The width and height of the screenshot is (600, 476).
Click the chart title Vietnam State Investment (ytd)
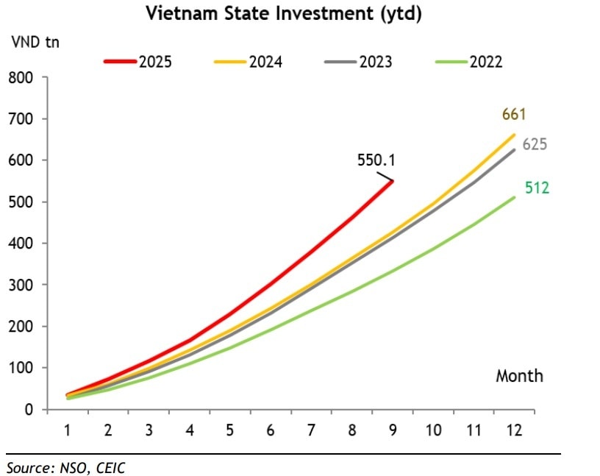coord(283,14)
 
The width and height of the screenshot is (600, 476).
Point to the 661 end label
coord(514,114)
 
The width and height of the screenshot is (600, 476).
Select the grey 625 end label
coord(535,144)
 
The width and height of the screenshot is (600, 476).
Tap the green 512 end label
coord(537,188)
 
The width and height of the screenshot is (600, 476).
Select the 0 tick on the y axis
coord(29,410)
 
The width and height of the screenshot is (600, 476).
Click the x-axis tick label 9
coord(393,430)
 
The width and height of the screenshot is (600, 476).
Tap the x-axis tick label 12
coord(513,430)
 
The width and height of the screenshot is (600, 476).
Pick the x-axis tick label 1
coord(68,430)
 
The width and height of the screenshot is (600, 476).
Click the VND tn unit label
coord(35,41)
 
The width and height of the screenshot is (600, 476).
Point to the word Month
coord(519,376)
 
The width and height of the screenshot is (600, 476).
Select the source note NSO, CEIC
coord(61,467)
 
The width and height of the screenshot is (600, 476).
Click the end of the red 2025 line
coord(393,181)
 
